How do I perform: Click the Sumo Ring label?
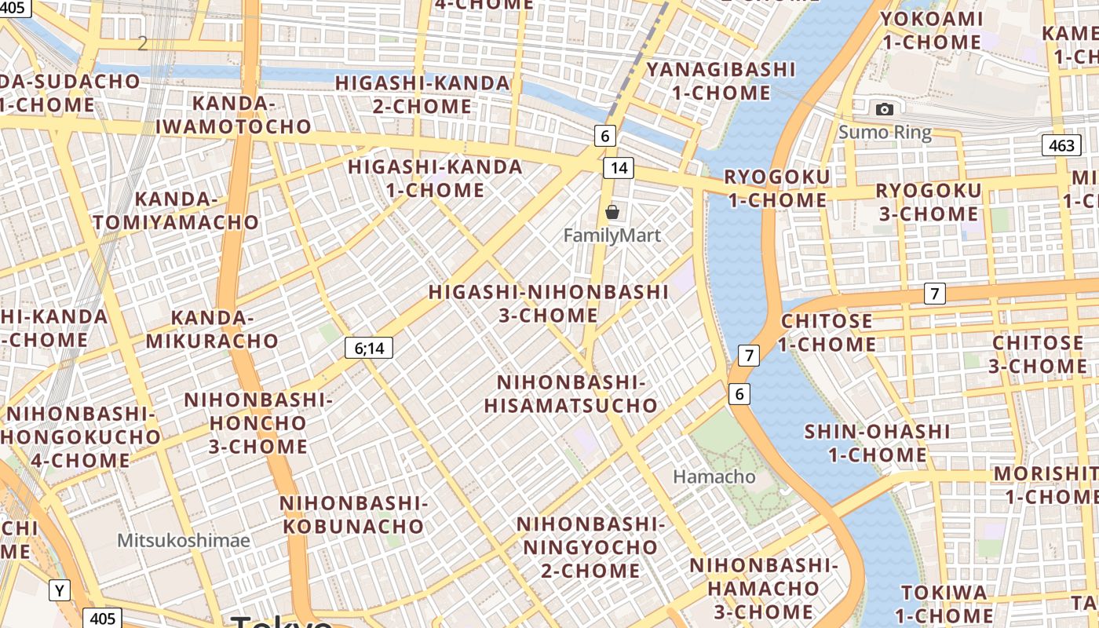885,132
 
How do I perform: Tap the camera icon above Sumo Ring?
885,109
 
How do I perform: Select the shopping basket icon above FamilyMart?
612,212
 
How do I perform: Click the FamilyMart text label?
612,235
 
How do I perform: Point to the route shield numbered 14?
619,167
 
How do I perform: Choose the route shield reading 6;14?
369,348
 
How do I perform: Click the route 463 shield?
1061,145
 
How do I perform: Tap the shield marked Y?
60,590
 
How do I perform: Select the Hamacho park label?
714,476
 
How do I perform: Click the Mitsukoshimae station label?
184,540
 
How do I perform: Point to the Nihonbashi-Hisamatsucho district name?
571,394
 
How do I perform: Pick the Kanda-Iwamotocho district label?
233,115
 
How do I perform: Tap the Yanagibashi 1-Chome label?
721,81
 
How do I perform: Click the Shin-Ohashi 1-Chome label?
877,443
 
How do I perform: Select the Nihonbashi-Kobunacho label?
353,514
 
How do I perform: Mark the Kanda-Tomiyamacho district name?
176,210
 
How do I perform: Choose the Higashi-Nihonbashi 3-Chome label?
549,304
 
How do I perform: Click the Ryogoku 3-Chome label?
928,202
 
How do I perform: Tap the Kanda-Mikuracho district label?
212,330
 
